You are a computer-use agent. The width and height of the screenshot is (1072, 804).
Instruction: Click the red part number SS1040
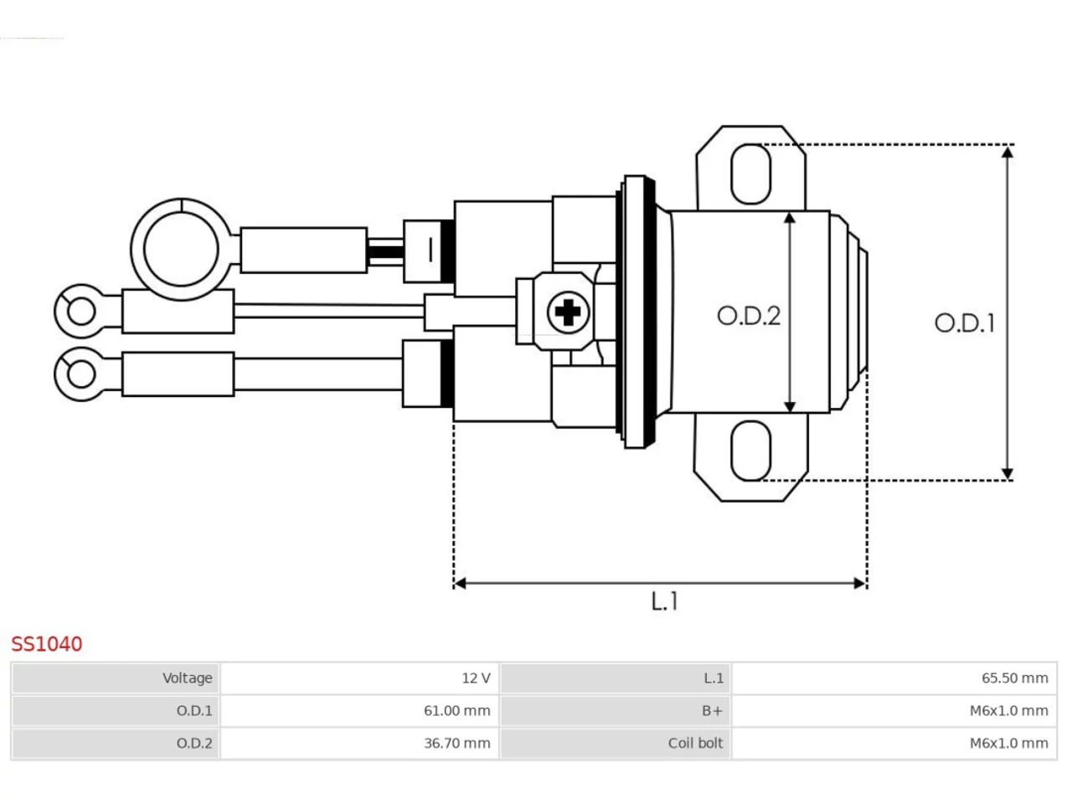click(47, 644)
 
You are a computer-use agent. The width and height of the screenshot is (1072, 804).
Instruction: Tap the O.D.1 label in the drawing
click(965, 323)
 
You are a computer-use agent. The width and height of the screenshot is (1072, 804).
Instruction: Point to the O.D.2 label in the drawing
click(749, 316)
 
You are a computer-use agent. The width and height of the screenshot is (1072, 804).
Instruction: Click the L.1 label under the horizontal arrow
click(665, 601)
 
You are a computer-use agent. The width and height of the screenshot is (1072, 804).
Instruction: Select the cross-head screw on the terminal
click(568, 312)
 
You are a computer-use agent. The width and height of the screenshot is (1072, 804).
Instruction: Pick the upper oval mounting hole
click(751, 174)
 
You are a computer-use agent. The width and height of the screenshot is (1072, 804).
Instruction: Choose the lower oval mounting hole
click(751, 451)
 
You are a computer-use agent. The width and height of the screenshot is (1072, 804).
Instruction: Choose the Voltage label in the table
click(188, 678)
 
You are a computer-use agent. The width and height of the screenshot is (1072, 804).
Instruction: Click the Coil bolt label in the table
click(695, 743)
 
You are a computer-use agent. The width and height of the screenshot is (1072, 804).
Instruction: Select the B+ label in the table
click(712, 711)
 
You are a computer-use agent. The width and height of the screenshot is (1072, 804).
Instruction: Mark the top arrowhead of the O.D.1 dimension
click(1007, 152)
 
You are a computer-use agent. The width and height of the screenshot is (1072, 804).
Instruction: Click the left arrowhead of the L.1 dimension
click(460, 584)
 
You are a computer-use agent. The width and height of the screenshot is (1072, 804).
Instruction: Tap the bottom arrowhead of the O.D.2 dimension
click(790, 407)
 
